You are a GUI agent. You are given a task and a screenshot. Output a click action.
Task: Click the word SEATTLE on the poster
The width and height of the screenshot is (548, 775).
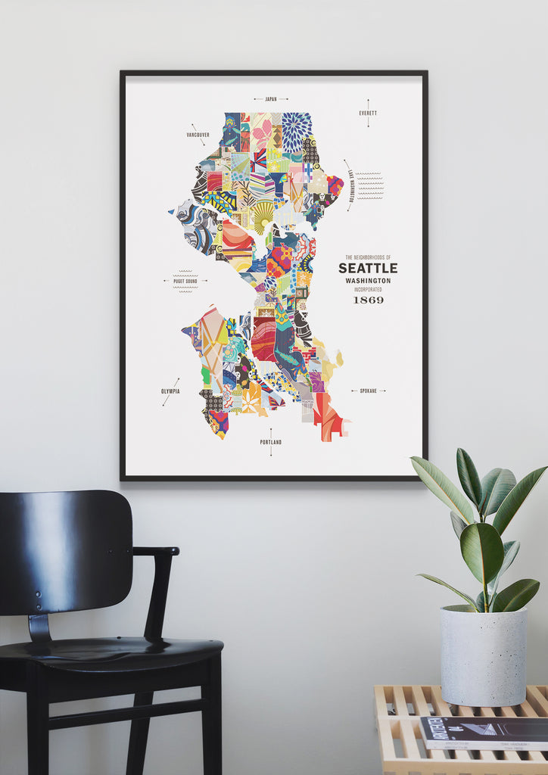pos(367,268)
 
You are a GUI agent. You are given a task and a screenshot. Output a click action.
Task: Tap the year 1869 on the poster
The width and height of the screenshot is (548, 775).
pos(368,300)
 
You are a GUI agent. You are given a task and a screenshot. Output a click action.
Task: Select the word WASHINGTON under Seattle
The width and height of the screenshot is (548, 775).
pos(368,281)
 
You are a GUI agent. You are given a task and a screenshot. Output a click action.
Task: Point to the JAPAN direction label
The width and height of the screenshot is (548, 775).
pos(271,98)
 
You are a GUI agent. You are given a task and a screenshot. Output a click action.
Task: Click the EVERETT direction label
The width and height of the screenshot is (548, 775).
pos(368,114)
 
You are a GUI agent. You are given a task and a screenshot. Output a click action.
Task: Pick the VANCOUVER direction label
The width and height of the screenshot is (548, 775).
pos(198,135)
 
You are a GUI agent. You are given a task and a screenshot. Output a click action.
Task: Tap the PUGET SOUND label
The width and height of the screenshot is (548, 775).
pos(185,281)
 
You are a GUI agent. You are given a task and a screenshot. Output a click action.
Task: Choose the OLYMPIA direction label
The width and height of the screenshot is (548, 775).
pos(170,392)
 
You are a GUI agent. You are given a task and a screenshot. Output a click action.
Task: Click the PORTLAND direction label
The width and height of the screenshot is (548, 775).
pos(270,442)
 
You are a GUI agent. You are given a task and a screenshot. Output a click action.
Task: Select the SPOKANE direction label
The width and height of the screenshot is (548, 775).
pos(368,391)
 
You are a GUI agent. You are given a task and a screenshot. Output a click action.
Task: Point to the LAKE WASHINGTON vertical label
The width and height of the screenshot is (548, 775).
pos(350,185)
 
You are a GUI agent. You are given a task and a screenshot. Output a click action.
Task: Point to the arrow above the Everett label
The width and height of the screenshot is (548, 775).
pos(368,104)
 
